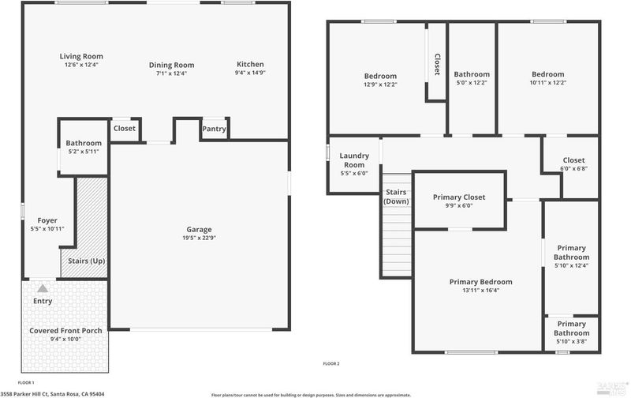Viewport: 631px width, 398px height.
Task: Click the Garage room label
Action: (x=199, y=229)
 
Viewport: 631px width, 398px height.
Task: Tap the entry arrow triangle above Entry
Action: (x=43, y=288)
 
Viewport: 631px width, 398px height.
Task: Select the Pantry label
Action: (x=214, y=129)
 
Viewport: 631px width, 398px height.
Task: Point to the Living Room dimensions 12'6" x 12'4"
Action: (x=81, y=65)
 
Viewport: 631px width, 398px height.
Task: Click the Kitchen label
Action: (x=250, y=64)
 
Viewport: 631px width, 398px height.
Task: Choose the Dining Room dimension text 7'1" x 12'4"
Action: (x=171, y=73)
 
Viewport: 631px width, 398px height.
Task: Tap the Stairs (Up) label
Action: (x=86, y=261)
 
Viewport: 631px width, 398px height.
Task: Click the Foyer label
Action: (x=47, y=220)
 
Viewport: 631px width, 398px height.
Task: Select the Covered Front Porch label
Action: (x=65, y=330)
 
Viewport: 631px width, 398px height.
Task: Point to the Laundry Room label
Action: (x=354, y=160)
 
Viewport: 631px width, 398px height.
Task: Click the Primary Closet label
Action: (x=459, y=197)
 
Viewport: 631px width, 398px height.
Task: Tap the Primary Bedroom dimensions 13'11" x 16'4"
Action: (x=481, y=290)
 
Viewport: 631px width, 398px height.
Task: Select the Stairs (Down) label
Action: (x=397, y=197)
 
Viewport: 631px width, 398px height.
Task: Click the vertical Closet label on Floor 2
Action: (x=437, y=65)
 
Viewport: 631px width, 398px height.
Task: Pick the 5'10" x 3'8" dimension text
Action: (x=571, y=342)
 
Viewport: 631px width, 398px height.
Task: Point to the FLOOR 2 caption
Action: (x=331, y=364)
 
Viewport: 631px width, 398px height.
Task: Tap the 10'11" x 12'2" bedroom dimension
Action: (x=548, y=83)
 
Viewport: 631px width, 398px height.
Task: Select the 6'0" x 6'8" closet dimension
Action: (x=574, y=169)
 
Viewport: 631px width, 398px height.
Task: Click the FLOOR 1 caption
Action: (x=26, y=383)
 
